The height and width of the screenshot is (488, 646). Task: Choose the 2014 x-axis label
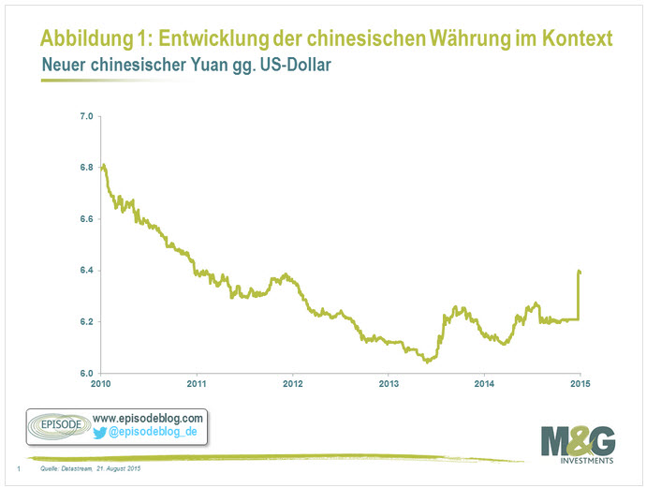click(484, 385)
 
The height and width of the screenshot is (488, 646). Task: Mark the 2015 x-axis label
click(580, 385)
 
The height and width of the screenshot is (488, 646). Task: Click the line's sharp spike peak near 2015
click(579, 272)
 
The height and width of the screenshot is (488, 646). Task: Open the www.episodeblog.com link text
click(149, 417)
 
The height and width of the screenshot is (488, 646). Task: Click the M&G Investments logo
click(578, 446)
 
